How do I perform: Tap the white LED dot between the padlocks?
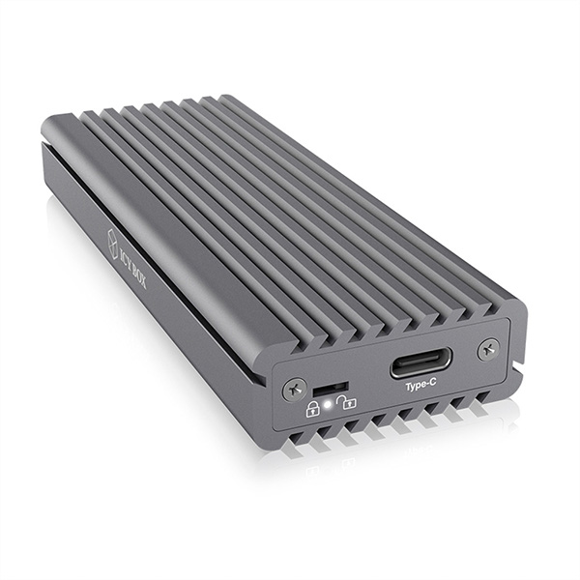click(x=330, y=403)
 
